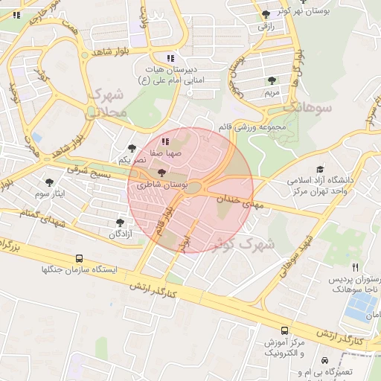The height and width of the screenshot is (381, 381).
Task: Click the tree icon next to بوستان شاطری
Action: coord(163,173)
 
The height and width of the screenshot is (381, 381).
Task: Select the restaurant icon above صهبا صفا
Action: coord(164,141)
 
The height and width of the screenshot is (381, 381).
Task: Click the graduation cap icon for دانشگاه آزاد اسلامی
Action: coord(321,170)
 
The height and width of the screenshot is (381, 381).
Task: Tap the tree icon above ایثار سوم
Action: coord(50,182)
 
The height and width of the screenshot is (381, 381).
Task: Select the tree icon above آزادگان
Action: coord(121,222)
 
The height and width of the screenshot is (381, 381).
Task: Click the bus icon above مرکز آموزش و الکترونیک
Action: coord(284,330)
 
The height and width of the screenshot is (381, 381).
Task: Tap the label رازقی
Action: coord(266,26)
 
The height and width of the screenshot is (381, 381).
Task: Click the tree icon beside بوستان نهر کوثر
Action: coord(266,14)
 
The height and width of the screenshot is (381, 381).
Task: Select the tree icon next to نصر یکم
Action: coord(132,148)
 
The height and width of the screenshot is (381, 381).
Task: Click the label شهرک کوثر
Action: coord(243,243)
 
